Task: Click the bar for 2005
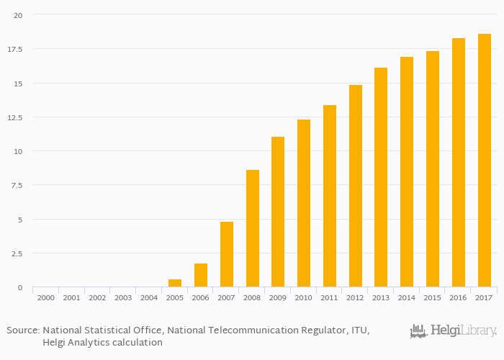tap(175, 283)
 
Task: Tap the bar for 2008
tap(253, 228)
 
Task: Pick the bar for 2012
tap(356, 186)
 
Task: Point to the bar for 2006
tap(201, 275)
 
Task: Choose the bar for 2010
tap(304, 203)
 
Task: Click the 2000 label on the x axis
tap(45, 297)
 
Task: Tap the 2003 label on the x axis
tap(123, 297)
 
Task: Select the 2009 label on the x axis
tap(278, 297)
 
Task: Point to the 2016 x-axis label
tap(459, 297)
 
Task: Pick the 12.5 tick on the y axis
tap(15, 117)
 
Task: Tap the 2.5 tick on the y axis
tap(17, 253)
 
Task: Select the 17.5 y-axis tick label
tap(15, 49)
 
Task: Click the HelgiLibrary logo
tap(453, 331)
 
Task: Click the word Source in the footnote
tap(22, 330)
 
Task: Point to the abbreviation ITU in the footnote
tap(358, 330)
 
